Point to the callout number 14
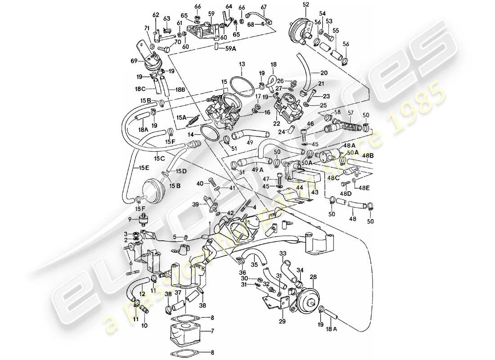point(192,135)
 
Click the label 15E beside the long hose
point(144,168)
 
